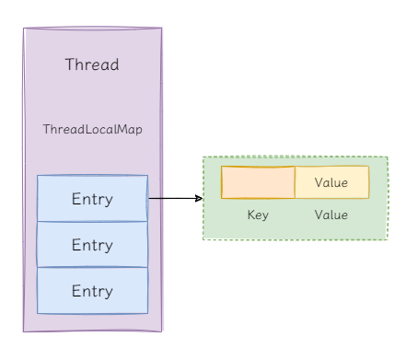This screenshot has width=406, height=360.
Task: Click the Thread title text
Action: [x=92, y=65]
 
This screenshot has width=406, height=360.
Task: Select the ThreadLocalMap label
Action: [x=92, y=130]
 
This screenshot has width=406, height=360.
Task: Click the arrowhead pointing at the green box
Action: [x=199, y=198]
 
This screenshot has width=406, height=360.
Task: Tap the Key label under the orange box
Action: [x=258, y=215]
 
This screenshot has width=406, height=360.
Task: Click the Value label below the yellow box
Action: [x=331, y=215]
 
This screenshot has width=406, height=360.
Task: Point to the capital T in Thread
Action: [x=70, y=65]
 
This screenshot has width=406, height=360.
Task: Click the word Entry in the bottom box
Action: [x=92, y=292]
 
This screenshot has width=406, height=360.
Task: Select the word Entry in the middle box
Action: [x=92, y=246]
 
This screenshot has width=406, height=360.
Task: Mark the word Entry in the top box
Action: [x=92, y=199]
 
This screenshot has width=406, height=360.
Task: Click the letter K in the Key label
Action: [x=250, y=215]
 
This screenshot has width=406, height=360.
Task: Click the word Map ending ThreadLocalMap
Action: [x=129, y=130]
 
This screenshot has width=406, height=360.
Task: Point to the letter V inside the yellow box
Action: [x=318, y=182]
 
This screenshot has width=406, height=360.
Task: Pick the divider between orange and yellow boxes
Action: [x=295, y=182]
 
